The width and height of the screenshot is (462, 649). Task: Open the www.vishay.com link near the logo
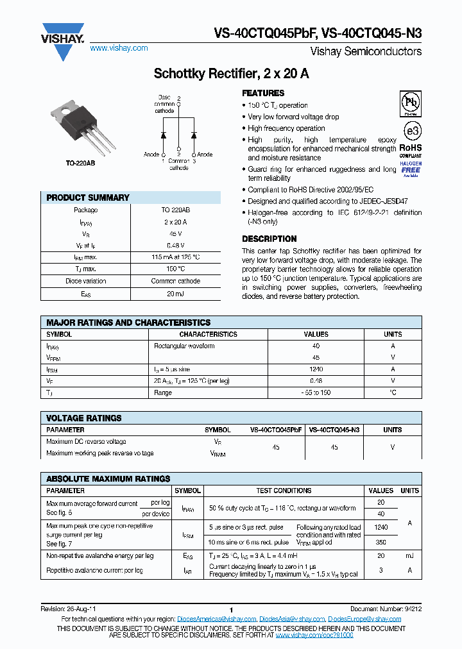[119, 48]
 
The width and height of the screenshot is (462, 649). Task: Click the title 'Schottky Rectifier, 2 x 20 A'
[231, 74]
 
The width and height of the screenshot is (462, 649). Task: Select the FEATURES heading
[263, 93]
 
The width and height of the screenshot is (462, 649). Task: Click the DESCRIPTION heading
[269, 239]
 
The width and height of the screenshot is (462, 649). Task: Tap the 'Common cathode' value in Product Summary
[175, 281]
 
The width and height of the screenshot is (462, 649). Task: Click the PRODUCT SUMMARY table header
[88, 198]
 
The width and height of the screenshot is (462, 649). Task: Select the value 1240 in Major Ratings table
[316, 369]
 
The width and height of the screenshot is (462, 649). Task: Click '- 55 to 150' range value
[316, 392]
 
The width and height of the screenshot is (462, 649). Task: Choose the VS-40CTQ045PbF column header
[276, 430]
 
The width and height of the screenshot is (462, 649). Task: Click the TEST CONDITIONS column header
[284, 490]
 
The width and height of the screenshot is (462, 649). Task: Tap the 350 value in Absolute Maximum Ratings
[381, 542]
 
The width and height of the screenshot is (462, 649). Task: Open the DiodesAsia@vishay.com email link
[293, 619]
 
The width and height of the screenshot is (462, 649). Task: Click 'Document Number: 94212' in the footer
[387, 609]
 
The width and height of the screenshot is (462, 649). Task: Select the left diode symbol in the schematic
[164, 135]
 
